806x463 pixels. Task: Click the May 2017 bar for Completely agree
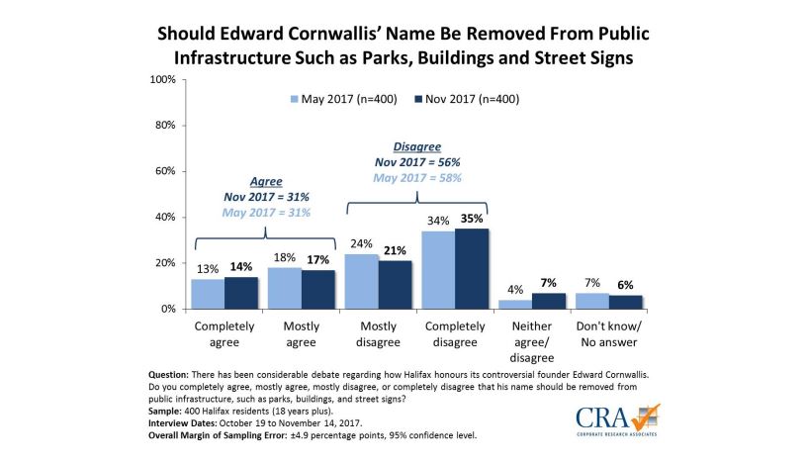pyautogui.click(x=209, y=294)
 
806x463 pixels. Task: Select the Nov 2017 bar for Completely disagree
pyautogui.click(x=472, y=268)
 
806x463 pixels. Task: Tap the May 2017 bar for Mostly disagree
pyautogui.click(x=362, y=281)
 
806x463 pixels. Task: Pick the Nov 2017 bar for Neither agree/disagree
pyautogui.click(x=549, y=301)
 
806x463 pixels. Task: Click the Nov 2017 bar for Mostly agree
pyautogui.click(x=317, y=289)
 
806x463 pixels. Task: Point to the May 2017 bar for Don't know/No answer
pyautogui.click(x=591, y=301)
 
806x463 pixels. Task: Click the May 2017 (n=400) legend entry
pyautogui.click(x=337, y=99)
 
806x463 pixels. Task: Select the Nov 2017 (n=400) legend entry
pyautogui.click(x=463, y=99)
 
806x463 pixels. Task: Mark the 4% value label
pyautogui.click(x=514, y=290)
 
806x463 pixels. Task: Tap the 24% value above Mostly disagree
pyautogui.click(x=362, y=244)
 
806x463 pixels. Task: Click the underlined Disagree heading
pyautogui.click(x=404, y=146)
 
